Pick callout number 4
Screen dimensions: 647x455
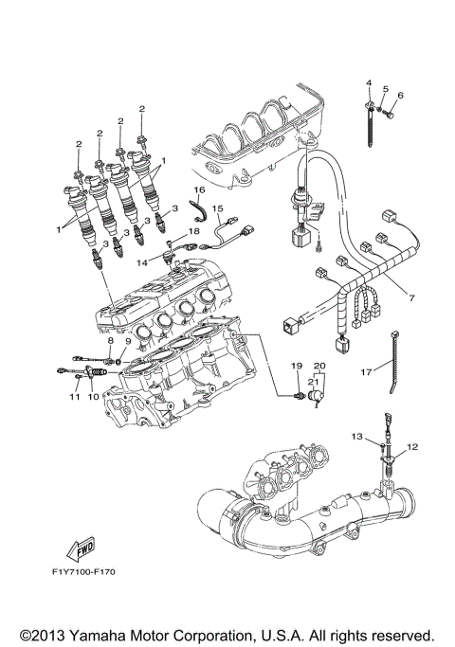click(x=370, y=84)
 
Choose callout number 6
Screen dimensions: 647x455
click(x=401, y=95)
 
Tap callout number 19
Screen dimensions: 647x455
click(x=296, y=366)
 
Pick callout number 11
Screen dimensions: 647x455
click(x=71, y=398)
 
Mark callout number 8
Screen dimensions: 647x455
click(x=110, y=340)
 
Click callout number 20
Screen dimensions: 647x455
click(x=319, y=366)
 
